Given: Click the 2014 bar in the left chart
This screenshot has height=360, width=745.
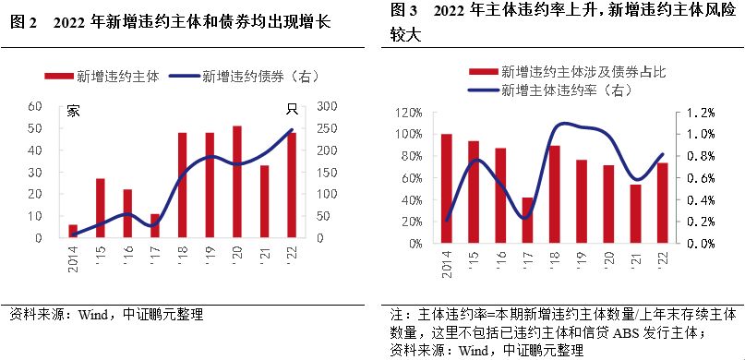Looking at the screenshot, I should pyautogui.click(x=73, y=231).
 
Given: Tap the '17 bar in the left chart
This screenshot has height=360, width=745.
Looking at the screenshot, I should pyautogui.click(x=155, y=225).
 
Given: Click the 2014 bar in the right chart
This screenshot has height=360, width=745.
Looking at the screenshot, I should pyautogui.click(x=447, y=188).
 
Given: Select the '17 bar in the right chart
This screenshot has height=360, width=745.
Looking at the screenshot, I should pyautogui.click(x=527, y=220).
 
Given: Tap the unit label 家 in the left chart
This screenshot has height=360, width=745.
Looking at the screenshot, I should pyautogui.click(x=74, y=111).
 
